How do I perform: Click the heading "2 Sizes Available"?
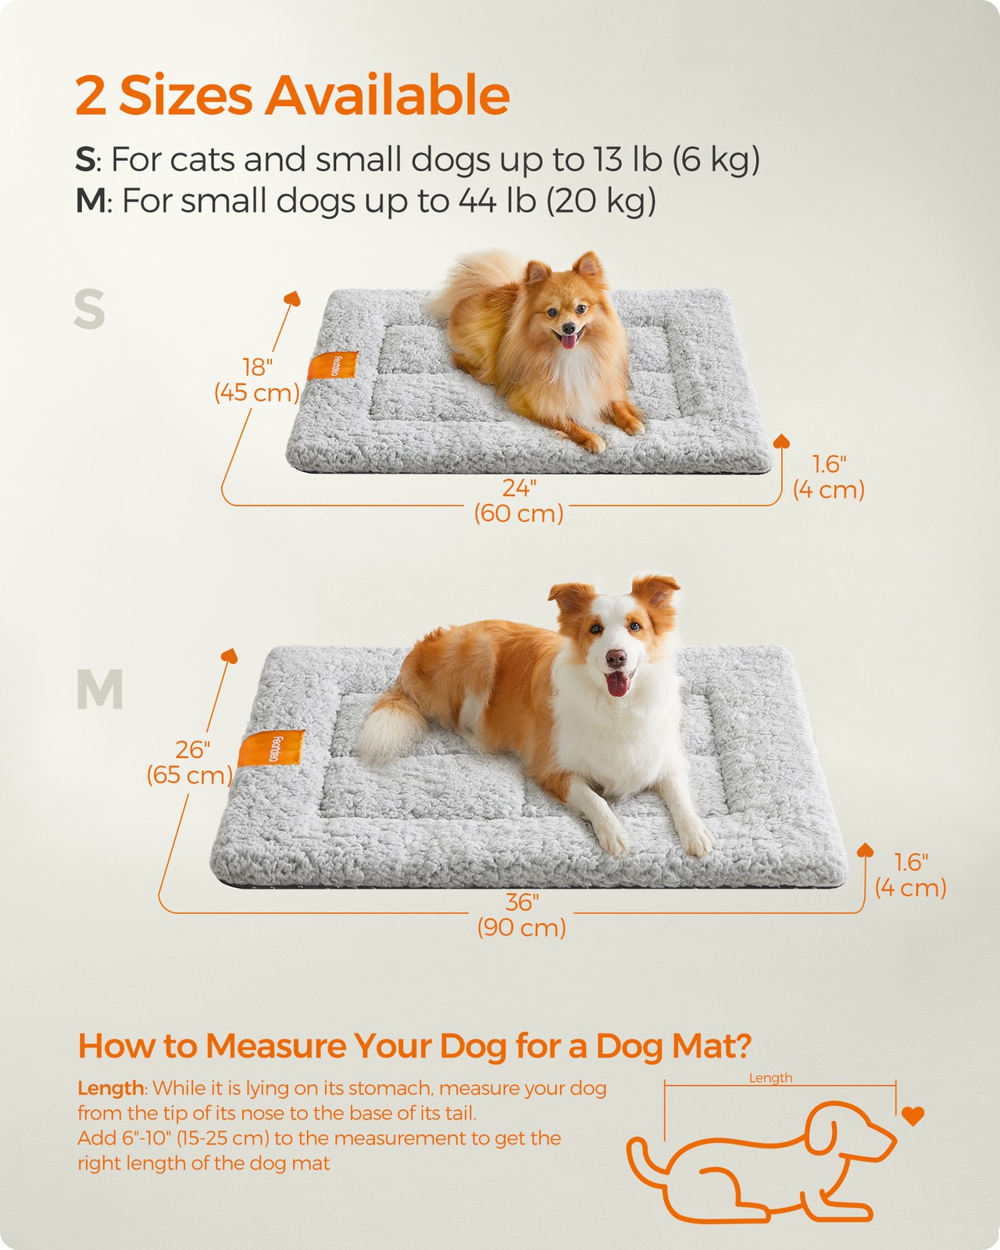(292, 95)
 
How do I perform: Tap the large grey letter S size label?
(90, 309)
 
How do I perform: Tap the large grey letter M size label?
(100, 689)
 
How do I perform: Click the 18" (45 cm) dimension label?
(257, 380)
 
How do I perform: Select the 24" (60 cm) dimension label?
(518, 501)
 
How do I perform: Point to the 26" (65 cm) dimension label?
(190, 762)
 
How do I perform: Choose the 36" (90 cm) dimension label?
(521, 915)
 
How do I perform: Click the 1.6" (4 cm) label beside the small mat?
(829, 477)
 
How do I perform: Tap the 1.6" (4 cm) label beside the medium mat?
(910, 875)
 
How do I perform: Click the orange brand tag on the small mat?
(333, 366)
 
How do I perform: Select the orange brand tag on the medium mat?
(271, 748)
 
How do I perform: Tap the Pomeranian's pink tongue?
(568, 340)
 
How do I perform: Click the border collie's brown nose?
(616, 658)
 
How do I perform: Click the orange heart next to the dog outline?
(912, 1116)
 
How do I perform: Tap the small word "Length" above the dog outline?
(770, 1078)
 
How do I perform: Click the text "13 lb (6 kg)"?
(677, 159)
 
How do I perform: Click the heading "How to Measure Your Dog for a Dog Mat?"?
(414, 1045)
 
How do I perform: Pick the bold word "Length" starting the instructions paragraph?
(110, 1088)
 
